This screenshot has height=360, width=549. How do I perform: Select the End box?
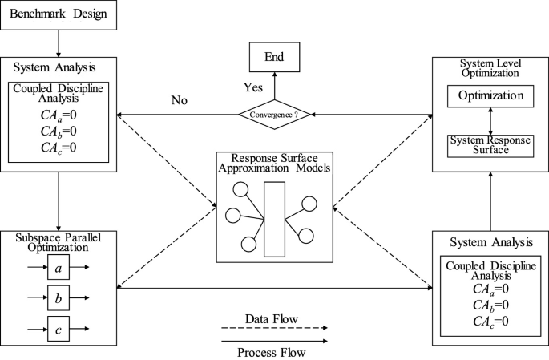273,58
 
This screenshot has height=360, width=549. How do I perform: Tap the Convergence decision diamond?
273,115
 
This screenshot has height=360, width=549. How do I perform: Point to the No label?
180,101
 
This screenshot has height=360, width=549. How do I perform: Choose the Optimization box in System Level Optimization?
490,96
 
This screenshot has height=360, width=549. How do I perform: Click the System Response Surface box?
490,144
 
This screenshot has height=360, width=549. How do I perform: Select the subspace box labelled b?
59,297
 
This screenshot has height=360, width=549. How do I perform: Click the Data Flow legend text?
273,320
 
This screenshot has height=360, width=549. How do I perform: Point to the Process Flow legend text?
273,351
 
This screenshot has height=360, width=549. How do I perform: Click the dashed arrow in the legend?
273,330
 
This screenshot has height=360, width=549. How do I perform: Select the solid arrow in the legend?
273,340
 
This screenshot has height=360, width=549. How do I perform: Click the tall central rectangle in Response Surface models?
274,219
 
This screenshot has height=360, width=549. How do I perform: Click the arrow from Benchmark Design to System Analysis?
59,42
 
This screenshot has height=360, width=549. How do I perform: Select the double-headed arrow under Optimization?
490,120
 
